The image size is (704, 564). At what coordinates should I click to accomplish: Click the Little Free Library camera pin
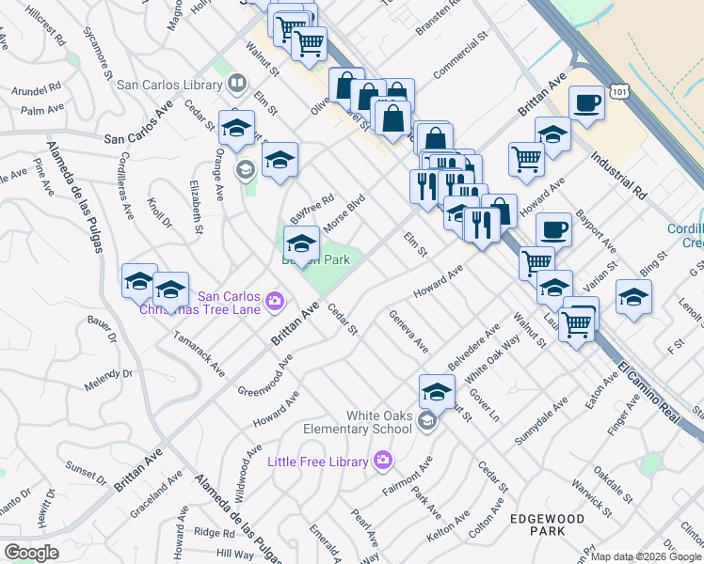pyautogui.click(x=382, y=460)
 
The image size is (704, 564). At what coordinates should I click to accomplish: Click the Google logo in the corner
pyautogui.click(x=31, y=552)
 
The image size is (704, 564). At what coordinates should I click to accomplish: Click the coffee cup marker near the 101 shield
pyautogui.click(x=586, y=102)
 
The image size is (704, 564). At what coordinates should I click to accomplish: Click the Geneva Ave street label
pyautogui.click(x=409, y=332)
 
